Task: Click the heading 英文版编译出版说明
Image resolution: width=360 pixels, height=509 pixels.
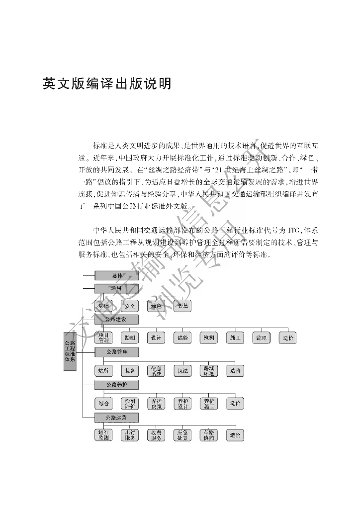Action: tap(107, 84)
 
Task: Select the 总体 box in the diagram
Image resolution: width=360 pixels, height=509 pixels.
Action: tap(117, 275)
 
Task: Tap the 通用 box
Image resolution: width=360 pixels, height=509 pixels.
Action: tap(117, 288)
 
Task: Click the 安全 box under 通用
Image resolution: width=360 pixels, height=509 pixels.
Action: tap(130, 306)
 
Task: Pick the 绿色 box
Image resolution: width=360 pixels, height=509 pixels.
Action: tap(157, 306)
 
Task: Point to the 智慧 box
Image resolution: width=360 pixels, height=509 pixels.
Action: tap(183, 306)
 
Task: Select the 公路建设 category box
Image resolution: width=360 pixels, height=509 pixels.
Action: tap(117, 319)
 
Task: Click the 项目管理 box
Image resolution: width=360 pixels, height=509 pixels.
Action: tap(104, 338)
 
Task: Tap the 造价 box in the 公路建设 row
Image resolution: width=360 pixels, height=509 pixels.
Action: tap(288, 338)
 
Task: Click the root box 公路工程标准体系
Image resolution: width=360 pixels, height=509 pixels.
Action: tap(70, 351)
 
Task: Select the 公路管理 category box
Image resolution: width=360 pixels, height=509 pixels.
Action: tap(117, 352)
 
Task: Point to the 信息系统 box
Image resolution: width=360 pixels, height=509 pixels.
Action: tap(157, 371)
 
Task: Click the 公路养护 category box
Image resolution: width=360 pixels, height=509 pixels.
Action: tap(117, 385)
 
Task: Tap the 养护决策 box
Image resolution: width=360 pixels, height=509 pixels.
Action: tap(157, 403)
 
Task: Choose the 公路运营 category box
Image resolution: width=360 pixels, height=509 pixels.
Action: tap(117, 417)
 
